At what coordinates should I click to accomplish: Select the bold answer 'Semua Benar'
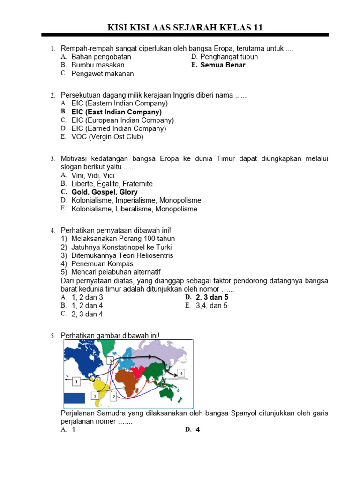[x=223, y=65]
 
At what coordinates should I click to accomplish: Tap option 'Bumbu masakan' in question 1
[x=98, y=65]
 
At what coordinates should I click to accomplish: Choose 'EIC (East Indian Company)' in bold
[x=116, y=112]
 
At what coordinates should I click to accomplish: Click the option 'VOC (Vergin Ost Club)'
[x=107, y=137]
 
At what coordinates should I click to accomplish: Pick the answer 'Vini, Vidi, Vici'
[x=93, y=175]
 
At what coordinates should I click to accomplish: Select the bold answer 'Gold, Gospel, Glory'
[x=105, y=192]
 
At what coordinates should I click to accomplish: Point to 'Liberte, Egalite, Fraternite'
[x=112, y=184]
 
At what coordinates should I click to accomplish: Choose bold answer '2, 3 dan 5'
[x=212, y=297]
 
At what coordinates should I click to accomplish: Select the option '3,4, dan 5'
[x=211, y=306]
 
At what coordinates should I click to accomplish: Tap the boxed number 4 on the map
[x=181, y=373]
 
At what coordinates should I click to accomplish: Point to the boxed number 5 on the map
[x=95, y=397]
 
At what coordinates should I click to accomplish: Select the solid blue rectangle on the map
[x=75, y=398]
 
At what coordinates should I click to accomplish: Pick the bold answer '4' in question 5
[x=198, y=429]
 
